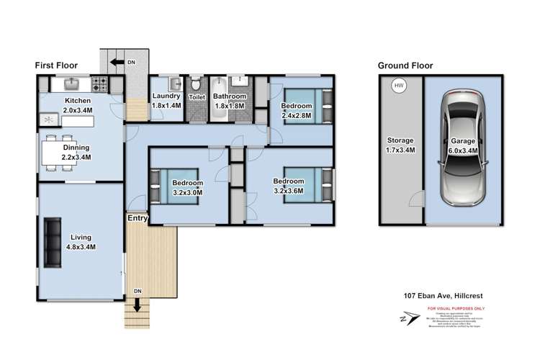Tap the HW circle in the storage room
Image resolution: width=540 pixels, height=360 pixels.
point(397,87)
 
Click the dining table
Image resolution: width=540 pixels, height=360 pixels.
point(58,152)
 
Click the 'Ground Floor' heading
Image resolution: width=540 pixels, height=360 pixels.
point(405,66)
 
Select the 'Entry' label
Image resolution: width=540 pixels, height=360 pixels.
point(138,217)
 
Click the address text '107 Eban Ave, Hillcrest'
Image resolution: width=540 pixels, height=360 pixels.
point(448,296)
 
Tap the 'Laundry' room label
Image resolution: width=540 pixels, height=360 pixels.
point(166,96)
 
